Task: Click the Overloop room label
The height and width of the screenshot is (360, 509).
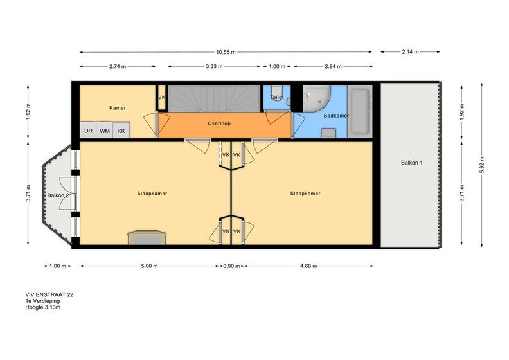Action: pyautogui.click(x=219, y=123)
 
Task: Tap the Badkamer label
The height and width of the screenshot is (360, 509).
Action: pyautogui.click(x=336, y=116)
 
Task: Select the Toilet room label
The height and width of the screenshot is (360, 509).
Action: pyautogui.click(x=277, y=97)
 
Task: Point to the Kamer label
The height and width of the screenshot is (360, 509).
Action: pyautogui.click(x=118, y=108)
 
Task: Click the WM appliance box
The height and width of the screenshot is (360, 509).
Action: pyautogui.click(x=105, y=130)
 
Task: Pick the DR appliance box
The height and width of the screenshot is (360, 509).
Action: pyautogui.click(x=88, y=130)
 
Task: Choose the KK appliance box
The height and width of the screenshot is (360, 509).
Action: pyautogui.click(x=121, y=130)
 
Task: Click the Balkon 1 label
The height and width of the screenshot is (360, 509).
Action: pyautogui.click(x=411, y=163)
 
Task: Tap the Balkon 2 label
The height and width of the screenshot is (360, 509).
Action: pyautogui.click(x=58, y=195)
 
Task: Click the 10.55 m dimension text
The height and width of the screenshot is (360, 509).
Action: pyautogui.click(x=226, y=52)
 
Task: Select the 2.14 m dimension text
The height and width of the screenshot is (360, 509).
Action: pyautogui.click(x=410, y=51)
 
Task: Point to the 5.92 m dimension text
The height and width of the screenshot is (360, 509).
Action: pyautogui.click(x=482, y=165)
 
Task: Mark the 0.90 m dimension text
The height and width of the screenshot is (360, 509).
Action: pyautogui.click(x=231, y=266)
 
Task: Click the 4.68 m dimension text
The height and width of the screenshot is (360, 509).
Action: pyautogui.click(x=308, y=266)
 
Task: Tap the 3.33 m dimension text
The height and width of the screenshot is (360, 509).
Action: pyautogui.click(x=214, y=67)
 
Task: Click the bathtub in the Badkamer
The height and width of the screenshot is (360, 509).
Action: pyautogui.click(x=360, y=111)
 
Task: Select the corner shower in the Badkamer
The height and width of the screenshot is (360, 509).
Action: pyautogui.click(x=317, y=99)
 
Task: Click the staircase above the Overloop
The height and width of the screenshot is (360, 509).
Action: pyautogui.click(x=214, y=99)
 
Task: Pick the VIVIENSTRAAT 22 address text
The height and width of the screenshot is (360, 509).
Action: pyautogui.click(x=49, y=295)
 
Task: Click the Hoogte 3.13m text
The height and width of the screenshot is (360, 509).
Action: pyautogui.click(x=43, y=307)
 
